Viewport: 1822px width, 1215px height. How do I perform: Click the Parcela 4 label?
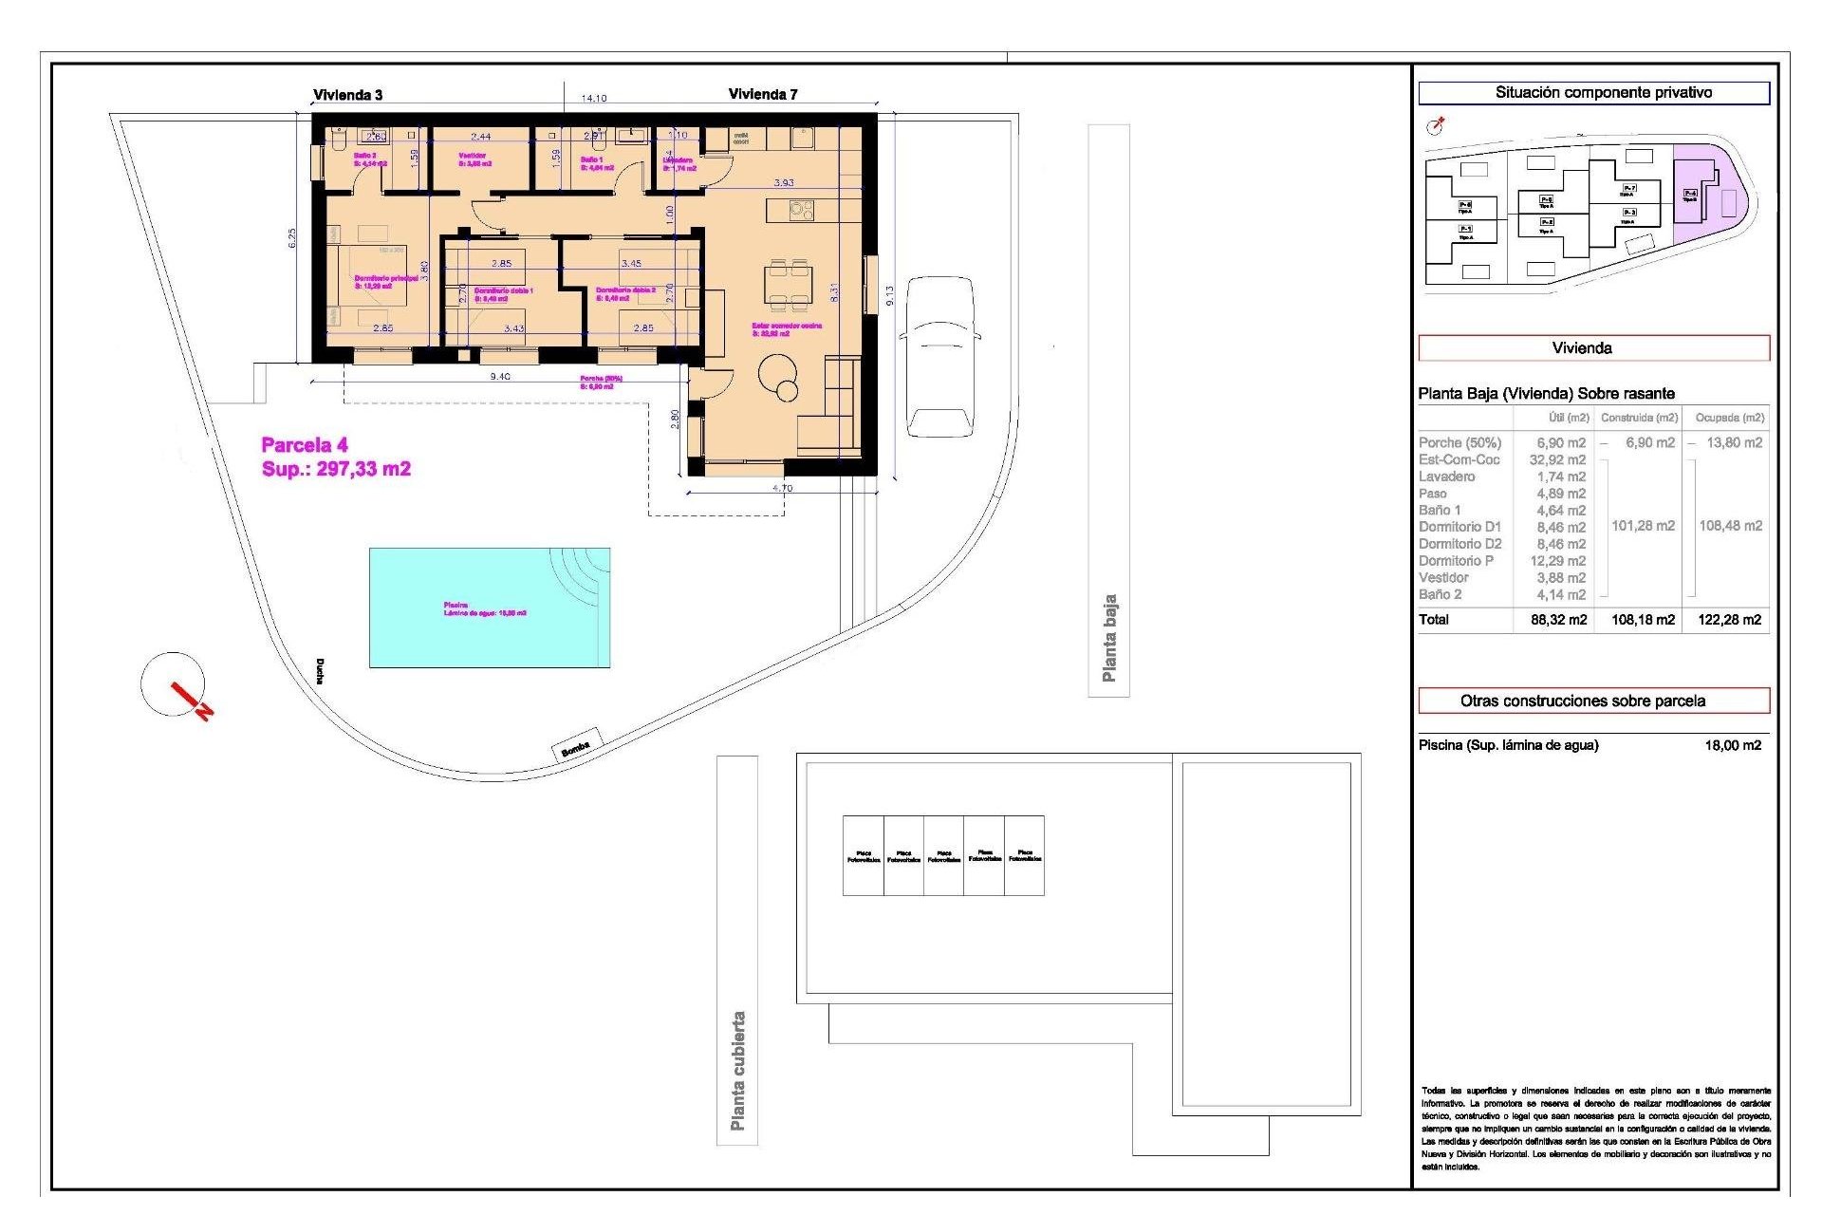(305, 445)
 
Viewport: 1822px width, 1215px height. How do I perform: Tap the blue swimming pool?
(489, 608)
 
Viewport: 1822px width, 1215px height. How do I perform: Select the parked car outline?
(939, 356)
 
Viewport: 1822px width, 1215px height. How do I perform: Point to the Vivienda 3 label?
(348, 95)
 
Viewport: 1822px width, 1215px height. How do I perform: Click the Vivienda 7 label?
(763, 94)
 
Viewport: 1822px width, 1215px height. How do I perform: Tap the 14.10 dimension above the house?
(594, 98)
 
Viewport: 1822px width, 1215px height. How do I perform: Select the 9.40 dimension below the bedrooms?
(500, 377)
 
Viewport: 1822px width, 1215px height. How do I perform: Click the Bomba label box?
(576, 748)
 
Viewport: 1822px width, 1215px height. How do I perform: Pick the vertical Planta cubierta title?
(737, 1070)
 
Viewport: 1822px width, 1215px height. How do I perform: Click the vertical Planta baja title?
(1108, 638)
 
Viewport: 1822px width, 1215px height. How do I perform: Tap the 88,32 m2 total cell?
(1558, 620)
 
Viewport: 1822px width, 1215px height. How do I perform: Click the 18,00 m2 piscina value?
(1732, 745)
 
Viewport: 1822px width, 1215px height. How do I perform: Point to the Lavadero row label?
(1447, 477)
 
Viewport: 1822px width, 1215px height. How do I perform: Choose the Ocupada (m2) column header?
(1729, 418)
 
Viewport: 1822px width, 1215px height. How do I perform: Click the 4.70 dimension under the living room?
(782, 488)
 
